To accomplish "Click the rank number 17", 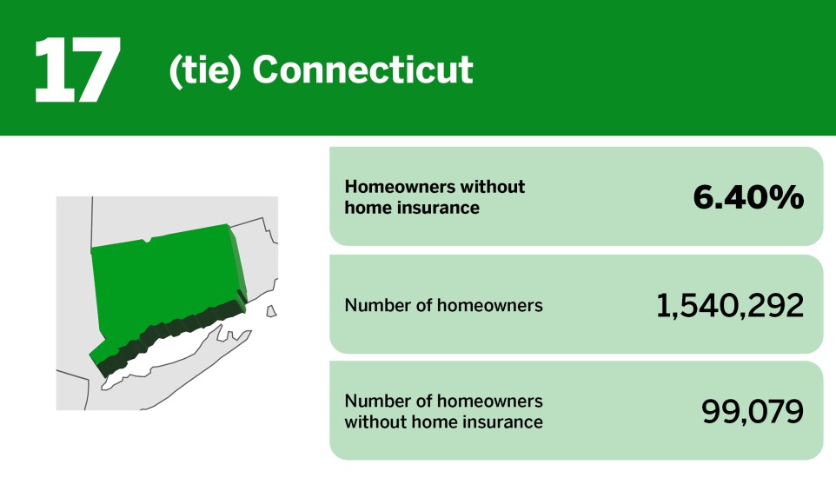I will [76, 70].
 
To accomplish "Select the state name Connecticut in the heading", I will [362, 70].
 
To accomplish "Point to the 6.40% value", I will [747, 198].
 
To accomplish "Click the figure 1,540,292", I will [729, 305].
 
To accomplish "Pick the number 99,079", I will [752, 412].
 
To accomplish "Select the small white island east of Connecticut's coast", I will [271, 310].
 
